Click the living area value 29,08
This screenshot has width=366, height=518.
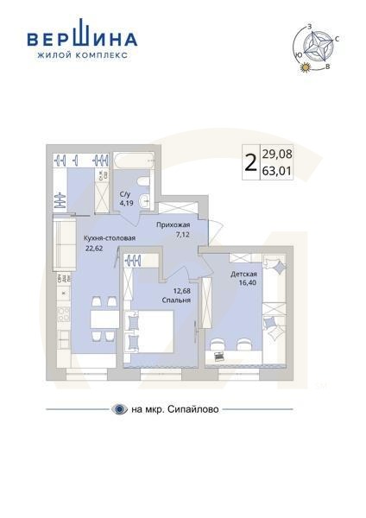tap(277, 154)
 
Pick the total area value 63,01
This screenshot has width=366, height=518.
tap(277, 171)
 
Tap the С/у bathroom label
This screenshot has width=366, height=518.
tap(125, 194)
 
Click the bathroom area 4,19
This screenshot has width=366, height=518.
tap(125, 204)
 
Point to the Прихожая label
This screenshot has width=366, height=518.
tap(173, 224)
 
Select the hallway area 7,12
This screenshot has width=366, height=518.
tap(183, 234)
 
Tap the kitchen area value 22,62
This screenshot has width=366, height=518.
tap(93, 249)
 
